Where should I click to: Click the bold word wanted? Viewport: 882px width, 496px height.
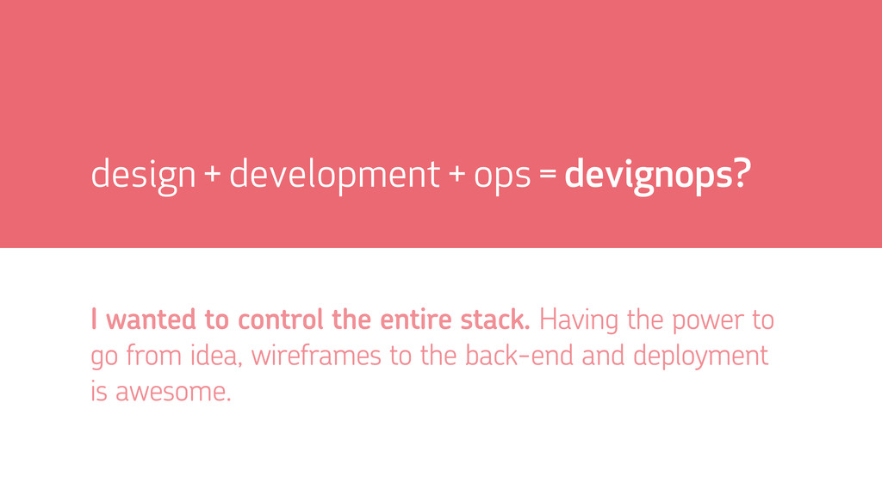[150, 320]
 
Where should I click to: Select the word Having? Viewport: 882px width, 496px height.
[578, 321]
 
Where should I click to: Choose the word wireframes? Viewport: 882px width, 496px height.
[316, 356]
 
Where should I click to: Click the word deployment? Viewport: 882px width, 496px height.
[701, 357]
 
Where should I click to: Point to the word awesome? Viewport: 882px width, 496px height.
[173, 392]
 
